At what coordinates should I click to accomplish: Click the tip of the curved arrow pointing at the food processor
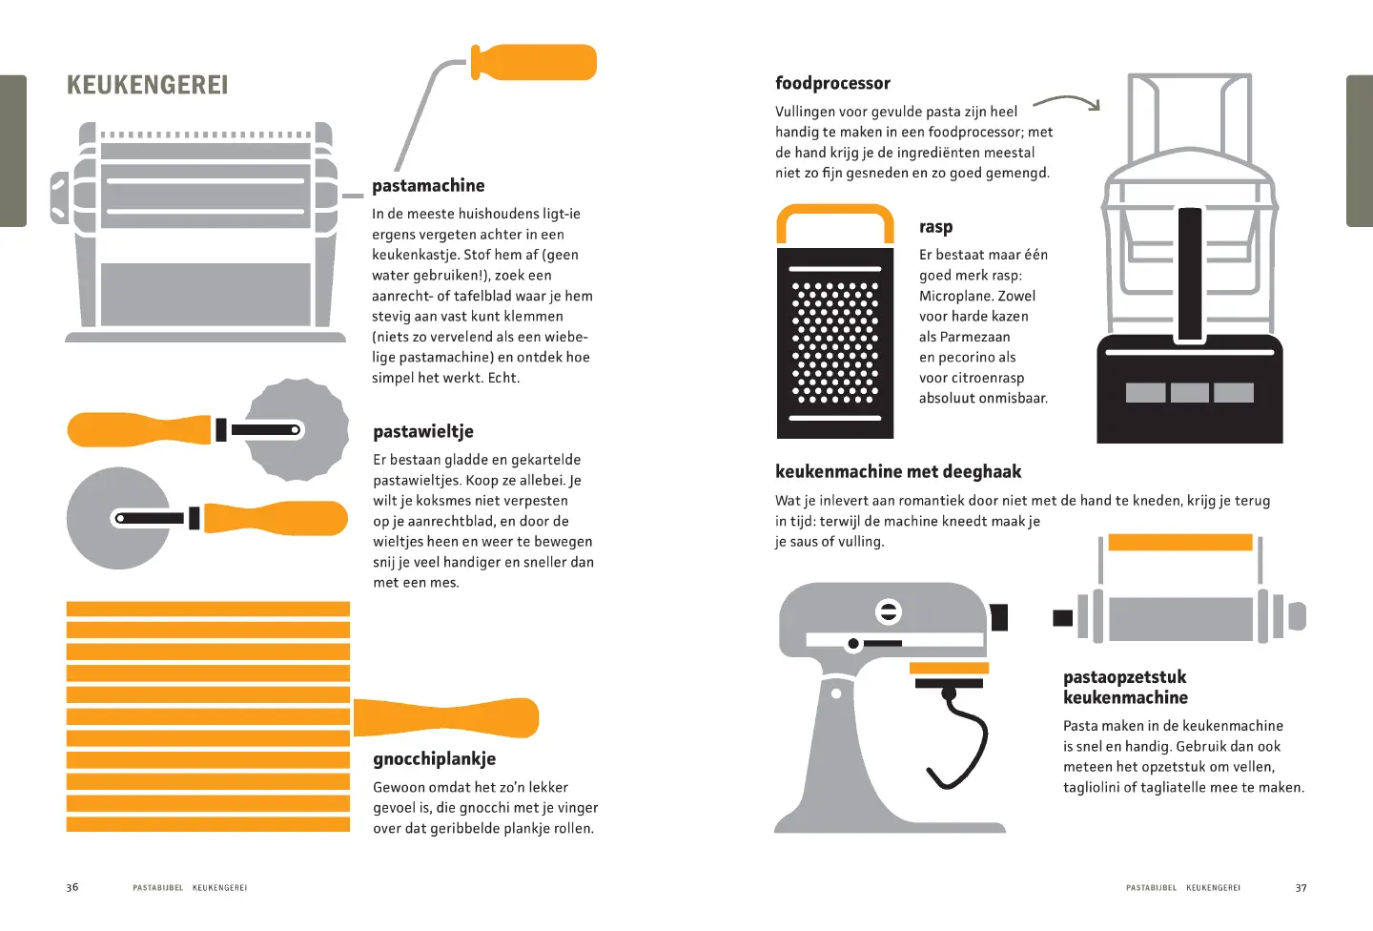point(1098,110)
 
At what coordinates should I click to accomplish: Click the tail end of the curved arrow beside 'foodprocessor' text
point(1034,105)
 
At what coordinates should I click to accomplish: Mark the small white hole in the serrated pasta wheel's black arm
point(295,430)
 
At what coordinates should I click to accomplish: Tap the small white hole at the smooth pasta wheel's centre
point(120,518)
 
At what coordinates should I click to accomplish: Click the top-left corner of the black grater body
point(777,248)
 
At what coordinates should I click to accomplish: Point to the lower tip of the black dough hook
point(929,769)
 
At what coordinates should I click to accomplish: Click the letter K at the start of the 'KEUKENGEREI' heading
point(73,85)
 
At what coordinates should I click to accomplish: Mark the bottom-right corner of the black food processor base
point(1282,443)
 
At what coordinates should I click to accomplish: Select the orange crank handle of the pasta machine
point(534,62)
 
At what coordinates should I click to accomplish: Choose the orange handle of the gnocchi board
point(446,717)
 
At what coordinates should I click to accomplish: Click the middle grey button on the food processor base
point(1189,392)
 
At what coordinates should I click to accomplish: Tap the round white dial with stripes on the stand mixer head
point(889,611)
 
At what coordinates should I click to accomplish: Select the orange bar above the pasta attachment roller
point(1180,542)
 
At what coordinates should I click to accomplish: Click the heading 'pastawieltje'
point(423,432)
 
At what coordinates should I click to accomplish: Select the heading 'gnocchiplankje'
point(435,759)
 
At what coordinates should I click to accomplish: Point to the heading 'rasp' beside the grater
point(936,227)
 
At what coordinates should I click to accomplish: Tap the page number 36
point(72,887)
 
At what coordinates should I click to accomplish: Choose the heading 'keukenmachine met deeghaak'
point(898,471)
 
